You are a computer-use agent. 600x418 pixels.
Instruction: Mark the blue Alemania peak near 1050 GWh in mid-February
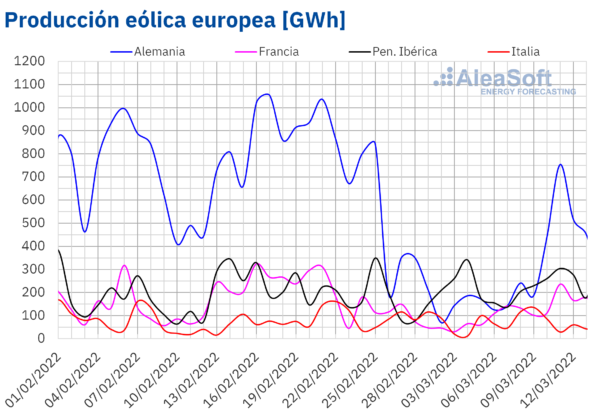pos(265,95)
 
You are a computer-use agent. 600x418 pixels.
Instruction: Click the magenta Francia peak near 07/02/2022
pos(124,266)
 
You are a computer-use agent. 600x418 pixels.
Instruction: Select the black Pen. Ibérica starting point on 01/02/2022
pos(58,250)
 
